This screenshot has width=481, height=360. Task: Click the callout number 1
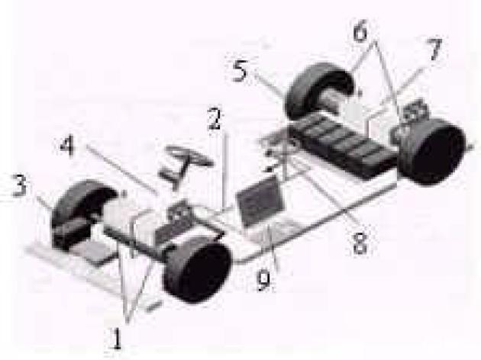coord(116,338)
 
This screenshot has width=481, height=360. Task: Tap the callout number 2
coord(214,118)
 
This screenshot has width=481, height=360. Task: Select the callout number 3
coord(19,185)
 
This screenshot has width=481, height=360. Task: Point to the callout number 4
coord(67,146)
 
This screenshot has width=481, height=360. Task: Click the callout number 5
coord(240,71)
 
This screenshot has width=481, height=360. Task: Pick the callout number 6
coord(360,32)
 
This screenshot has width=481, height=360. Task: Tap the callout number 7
coord(434,50)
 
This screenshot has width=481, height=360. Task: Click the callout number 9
coord(263,281)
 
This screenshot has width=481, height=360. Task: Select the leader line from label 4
coord(123,170)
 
